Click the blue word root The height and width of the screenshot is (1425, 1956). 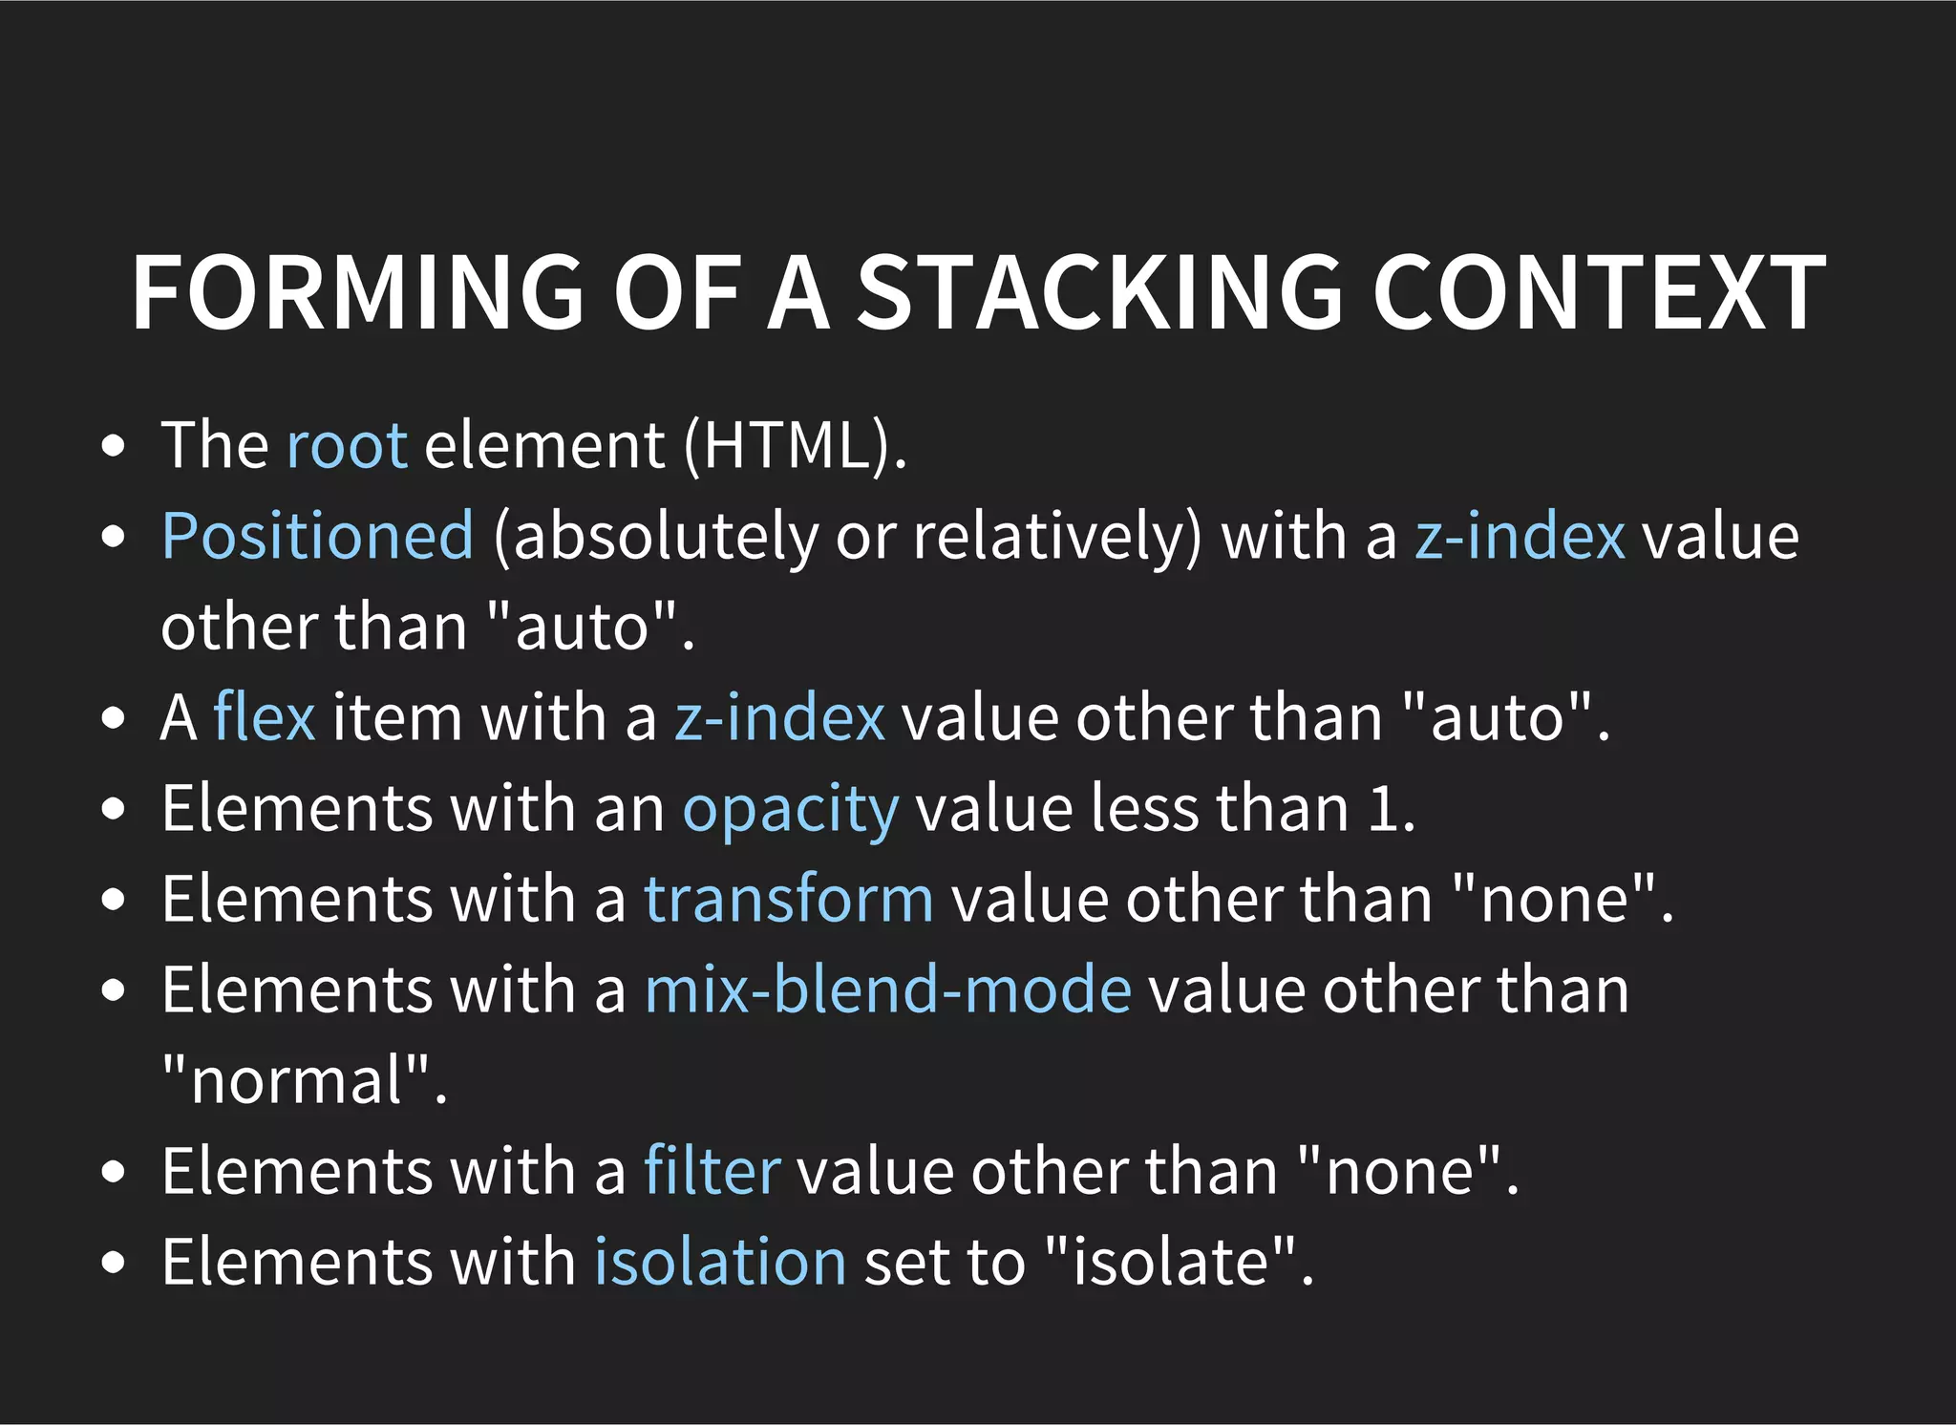[x=347, y=445]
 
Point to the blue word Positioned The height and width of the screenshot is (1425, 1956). [x=317, y=536]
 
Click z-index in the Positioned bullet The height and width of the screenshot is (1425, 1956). [x=1520, y=536]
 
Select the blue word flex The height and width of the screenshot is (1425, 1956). [x=264, y=717]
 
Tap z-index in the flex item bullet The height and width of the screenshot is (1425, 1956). [x=779, y=717]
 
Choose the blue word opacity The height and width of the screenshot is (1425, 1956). [x=791, y=810]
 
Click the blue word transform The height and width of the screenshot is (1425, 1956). [x=789, y=899]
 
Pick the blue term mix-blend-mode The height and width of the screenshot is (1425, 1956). [x=888, y=989]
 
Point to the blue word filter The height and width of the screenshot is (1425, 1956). [x=712, y=1171]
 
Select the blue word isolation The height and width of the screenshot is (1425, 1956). [x=720, y=1262]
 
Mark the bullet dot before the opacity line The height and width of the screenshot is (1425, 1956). [x=113, y=809]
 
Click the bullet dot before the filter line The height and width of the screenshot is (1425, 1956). [x=113, y=1172]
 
